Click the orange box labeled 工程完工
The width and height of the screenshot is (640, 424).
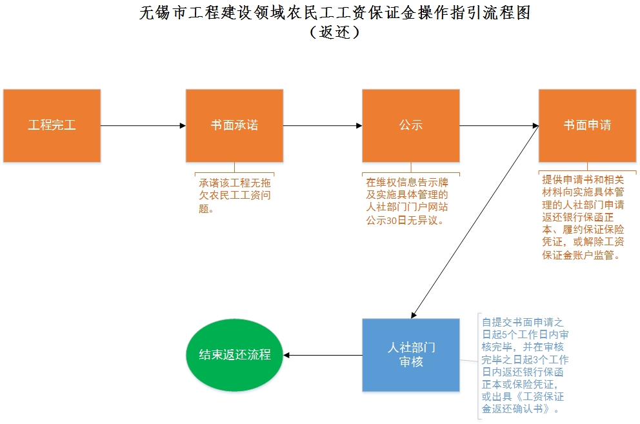pyautogui.click(x=52, y=125)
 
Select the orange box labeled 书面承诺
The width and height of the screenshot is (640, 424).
pyautogui.click(x=234, y=125)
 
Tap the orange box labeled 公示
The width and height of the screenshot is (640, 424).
pyautogui.click(x=410, y=125)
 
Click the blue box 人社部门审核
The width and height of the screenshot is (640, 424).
pyautogui.click(x=411, y=355)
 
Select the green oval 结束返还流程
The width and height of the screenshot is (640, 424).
pyautogui.click(x=235, y=355)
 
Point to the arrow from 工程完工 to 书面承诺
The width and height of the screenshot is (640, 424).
pyautogui.click(x=143, y=125)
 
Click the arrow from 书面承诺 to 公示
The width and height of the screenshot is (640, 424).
pyautogui.click(x=323, y=125)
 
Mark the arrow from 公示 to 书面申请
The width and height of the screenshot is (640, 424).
pyautogui.click(x=499, y=125)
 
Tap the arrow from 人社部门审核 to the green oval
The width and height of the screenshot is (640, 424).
pyautogui.click(x=323, y=355)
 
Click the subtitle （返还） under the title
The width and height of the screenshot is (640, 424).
pyautogui.click(x=334, y=32)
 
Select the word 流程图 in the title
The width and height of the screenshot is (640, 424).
pyautogui.click(x=510, y=12)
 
